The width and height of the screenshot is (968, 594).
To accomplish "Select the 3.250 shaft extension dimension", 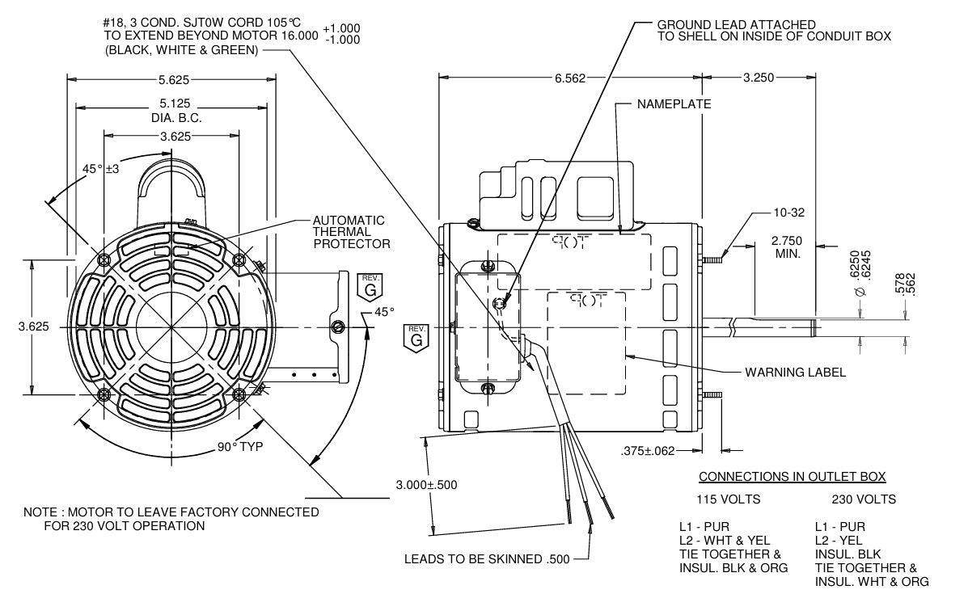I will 759,78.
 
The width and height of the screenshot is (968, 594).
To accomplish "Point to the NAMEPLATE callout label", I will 674,104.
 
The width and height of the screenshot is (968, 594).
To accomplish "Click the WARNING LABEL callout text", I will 795,373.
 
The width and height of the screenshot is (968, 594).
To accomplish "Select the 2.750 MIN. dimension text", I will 786,247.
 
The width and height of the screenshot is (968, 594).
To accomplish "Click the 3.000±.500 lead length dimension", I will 426,485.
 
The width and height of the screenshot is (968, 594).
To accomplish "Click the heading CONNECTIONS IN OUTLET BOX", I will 792,476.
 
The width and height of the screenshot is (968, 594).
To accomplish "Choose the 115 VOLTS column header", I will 729,499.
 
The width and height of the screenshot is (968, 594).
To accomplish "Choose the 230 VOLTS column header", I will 864,499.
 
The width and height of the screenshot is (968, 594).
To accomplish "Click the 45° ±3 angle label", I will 101,169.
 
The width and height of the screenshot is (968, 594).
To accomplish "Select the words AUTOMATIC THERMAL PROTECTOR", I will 351,232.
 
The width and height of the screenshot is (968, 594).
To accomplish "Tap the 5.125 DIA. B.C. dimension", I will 175,110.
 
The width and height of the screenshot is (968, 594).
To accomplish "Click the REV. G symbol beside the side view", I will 416,336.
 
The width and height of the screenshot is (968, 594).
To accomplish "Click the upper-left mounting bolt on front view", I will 104,259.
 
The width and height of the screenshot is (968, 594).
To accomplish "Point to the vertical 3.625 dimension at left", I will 33,326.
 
